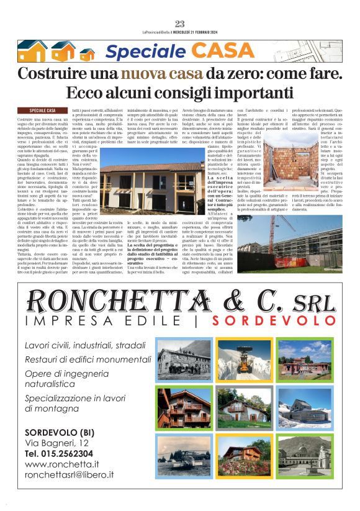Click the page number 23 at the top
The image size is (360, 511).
click(180, 24)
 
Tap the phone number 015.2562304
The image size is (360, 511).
click(60, 453)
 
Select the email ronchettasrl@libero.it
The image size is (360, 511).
click(69, 474)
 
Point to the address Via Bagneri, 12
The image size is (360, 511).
click(56, 443)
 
